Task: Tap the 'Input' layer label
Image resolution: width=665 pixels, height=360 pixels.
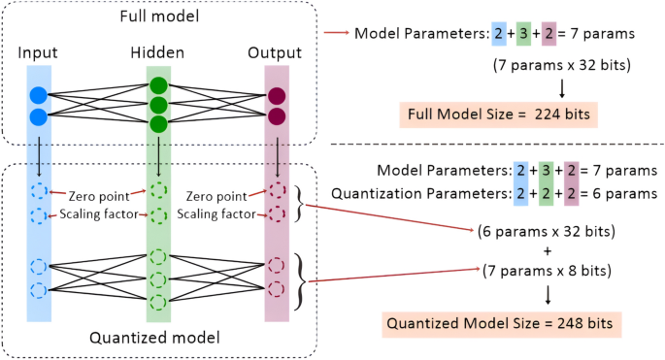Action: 39,50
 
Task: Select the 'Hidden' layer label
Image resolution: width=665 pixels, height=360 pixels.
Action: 157,50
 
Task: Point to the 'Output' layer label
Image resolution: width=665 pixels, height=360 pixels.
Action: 276,50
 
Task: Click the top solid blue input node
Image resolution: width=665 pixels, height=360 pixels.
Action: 39,95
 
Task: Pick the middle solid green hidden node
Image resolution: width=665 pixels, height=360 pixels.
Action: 158,105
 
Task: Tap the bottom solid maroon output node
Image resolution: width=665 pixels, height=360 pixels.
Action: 277,117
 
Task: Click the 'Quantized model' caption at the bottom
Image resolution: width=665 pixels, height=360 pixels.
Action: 158,337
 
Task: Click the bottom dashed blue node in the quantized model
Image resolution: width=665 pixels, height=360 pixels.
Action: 39,289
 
